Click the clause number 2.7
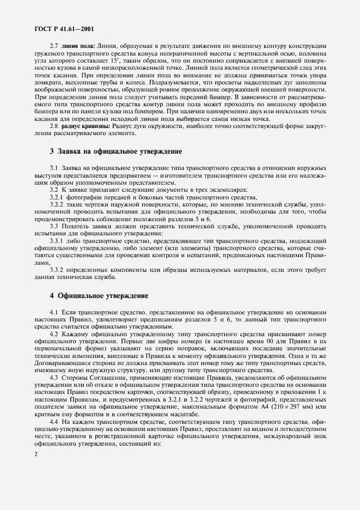click(x=54, y=44)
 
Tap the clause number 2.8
click(x=54, y=126)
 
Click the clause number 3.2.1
click(x=57, y=197)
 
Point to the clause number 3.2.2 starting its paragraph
click(x=57, y=204)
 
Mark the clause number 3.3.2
click(x=57, y=269)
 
